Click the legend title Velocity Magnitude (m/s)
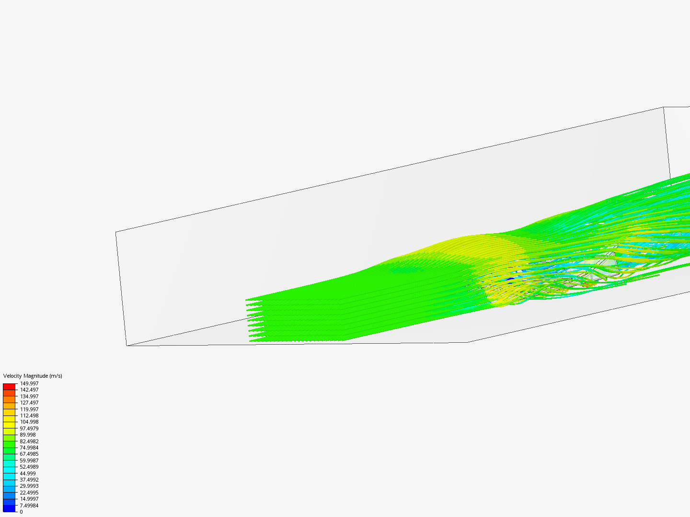(33, 376)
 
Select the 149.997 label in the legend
(29, 383)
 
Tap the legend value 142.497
(29, 390)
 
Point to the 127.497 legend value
(29, 403)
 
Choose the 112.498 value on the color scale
(29, 416)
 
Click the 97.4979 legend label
(29, 428)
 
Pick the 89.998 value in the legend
(28, 435)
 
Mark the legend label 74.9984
(29, 448)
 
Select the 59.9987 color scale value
(29, 461)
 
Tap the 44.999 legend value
(28, 473)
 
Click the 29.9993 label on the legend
(29, 486)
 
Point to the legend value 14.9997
(29, 499)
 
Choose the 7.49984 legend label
(29, 506)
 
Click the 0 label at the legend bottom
(21, 512)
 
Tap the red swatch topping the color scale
(9, 386)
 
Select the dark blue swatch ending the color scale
(9, 508)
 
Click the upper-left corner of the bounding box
(116, 232)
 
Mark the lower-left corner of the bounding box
(127, 346)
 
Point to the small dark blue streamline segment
(510, 279)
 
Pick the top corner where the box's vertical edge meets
(664, 107)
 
